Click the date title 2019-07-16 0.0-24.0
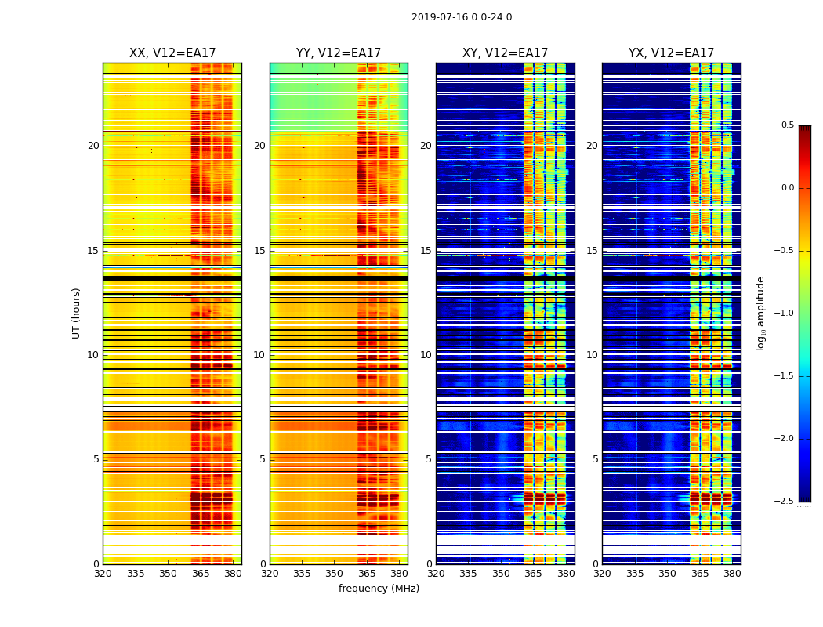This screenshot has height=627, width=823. (x=462, y=17)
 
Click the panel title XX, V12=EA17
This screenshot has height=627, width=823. (x=172, y=53)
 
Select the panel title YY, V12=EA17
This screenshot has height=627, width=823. (x=339, y=53)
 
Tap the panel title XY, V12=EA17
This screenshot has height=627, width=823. (x=505, y=53)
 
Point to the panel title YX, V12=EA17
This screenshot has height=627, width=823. (x=671, y=53)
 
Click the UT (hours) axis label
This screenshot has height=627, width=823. (x=77, y=313)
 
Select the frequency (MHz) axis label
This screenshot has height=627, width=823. (x=379, y=589)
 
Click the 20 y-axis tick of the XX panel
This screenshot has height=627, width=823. (x=93, y=146)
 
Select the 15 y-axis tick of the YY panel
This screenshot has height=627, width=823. (x=260, y=251)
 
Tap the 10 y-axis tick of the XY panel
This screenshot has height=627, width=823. (x=426, y=355)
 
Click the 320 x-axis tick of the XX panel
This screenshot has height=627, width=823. (x=103, y=573)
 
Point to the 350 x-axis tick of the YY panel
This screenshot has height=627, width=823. (x=335, y=573)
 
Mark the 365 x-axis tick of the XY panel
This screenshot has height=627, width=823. (x=533, y=573)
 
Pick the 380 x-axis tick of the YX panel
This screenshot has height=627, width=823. (x=732, y=573)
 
